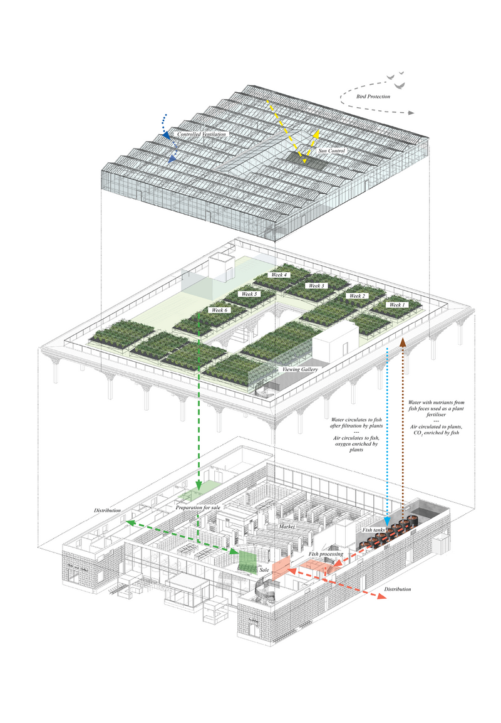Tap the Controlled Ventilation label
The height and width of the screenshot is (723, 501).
tap(201, 134)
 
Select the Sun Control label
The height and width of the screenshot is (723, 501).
tap(332, 151)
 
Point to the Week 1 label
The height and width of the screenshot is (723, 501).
tap(396, 305)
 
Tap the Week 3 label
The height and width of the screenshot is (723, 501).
tap(315, 286)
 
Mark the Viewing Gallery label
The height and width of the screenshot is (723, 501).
tap(301, 370)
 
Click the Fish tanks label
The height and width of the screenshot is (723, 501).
tap(375, 530)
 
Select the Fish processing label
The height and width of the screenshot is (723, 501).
tap(326, 554)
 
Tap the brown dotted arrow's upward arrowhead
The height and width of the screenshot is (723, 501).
tap(403, 340)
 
